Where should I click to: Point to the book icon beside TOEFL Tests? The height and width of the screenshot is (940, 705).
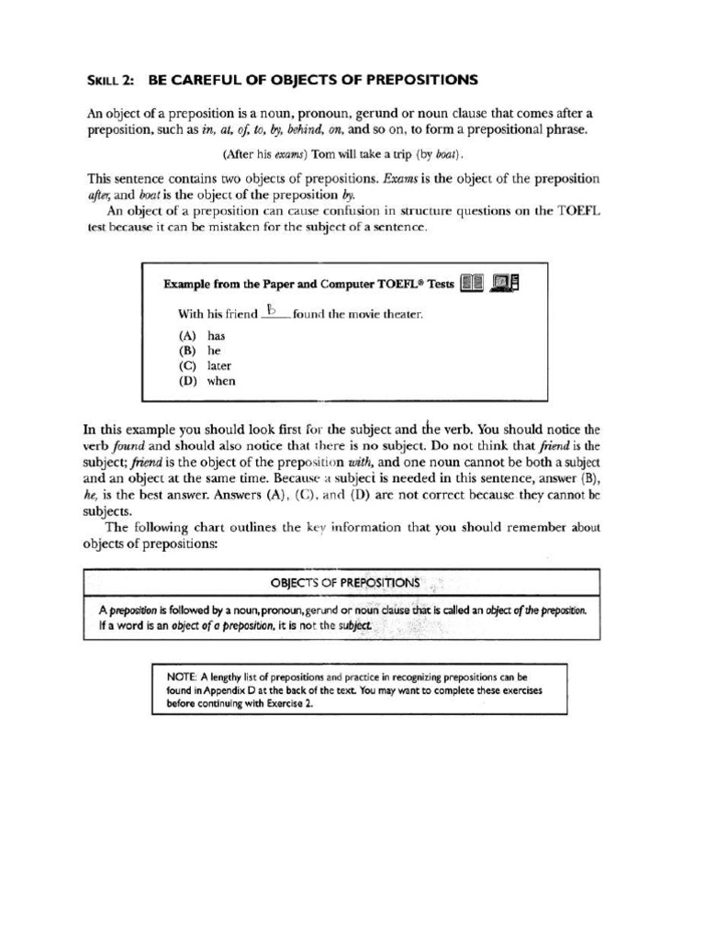click(472, 284)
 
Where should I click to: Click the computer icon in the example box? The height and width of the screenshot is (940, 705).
click(506, 284)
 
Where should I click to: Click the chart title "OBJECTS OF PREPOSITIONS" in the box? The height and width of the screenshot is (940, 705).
click(345, 582)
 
